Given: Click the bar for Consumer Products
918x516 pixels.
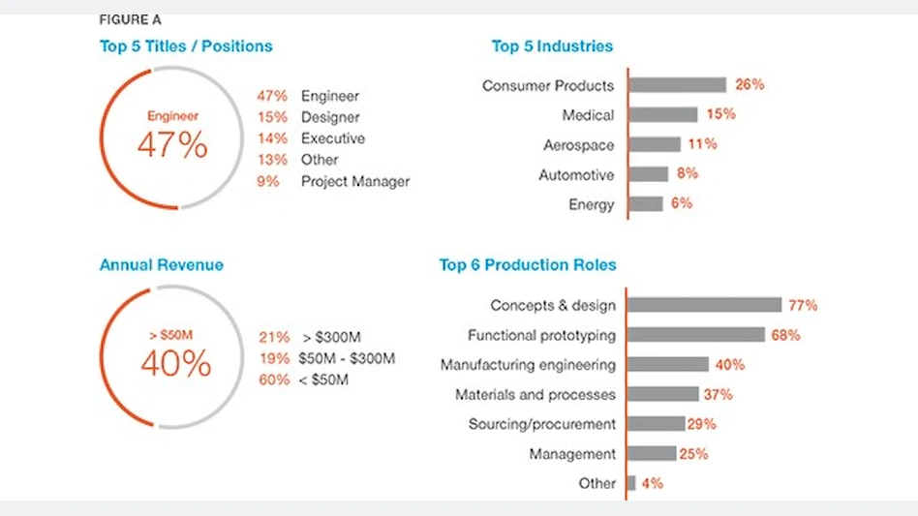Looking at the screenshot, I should tap(677, 85).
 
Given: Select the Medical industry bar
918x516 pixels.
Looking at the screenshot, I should tap(662, 115).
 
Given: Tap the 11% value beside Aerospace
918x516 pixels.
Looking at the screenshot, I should tap(702, 144).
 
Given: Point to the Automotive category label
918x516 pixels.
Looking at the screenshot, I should tap(576, 175).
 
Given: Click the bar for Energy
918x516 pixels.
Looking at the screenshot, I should tap(646, 204).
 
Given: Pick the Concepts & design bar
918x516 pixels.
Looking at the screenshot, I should tap(704, 305).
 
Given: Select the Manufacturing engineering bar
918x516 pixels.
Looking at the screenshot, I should tap(668, 365).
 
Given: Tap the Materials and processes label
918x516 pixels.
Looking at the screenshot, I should tap(535, 395).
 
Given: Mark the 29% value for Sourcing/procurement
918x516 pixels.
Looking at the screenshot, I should tap(701, 424).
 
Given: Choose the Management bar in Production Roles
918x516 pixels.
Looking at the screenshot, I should tap(652, 454).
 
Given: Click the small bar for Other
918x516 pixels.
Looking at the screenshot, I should tap(631, 483).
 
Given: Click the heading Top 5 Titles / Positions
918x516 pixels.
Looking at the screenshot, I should tap(186, 46).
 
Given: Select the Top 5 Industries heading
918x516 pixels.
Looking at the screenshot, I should tap(552, 46).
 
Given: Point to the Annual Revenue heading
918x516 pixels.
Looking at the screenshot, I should tap(161, 265).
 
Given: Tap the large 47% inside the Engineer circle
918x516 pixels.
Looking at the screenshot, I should tap(172, 144).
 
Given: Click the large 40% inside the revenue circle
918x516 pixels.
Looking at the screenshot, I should tap(175, 363).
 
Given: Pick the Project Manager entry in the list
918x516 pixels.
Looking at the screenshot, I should tap(355, 181).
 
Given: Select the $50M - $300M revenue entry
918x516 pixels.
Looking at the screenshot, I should tap(348, 358).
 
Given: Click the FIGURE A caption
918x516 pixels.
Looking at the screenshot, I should tap(130, 19).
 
